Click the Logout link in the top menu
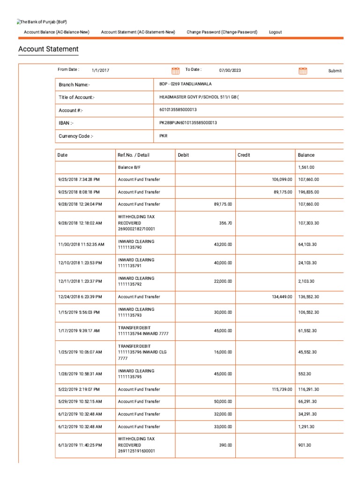click(275, 32)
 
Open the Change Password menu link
click(222, 32)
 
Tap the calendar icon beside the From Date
click(176, 71)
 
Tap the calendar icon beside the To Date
click(303, 71)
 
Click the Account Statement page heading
click(48, 49)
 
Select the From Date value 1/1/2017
click(100, 70)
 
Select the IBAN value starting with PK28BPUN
click(188, 122)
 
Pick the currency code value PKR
click(163, 135)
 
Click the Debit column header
click(183, 155)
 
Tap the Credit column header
click(244, 155)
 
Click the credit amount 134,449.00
click(282, 297)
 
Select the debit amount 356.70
click(225, 223)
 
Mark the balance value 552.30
click(306, 374)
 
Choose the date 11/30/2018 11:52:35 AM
click(81, 244)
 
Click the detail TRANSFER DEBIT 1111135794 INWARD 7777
click(143, 330)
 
